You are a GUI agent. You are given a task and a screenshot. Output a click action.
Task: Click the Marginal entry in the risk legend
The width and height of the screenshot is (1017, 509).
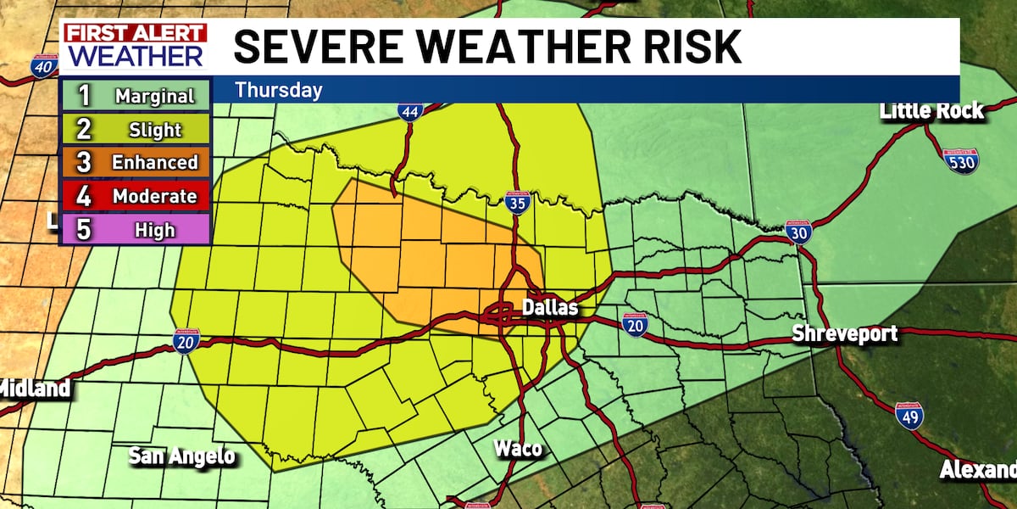pyautogui.click(x=136, y=96)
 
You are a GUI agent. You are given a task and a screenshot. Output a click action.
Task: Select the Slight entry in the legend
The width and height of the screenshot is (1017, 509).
pyautogui.click(x=136, y=130)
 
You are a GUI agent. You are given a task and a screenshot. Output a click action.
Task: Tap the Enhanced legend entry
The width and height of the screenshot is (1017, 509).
pyautogui.click(x=136, y=163)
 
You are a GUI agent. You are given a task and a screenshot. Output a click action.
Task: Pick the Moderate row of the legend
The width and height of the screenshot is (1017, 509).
pyautogui.click(x=136, y=197)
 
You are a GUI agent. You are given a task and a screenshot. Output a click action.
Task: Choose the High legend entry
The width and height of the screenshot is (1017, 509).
pyautogui.click(x=136, y=230)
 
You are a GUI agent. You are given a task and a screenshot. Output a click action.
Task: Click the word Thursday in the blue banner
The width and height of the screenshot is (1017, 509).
pyautogui.click(x=279, y=89)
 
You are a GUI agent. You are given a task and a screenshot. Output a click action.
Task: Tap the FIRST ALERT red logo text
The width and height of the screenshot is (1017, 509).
pyautogui.click(x=136, y=35)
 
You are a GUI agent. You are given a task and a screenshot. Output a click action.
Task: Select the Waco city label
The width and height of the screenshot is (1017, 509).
pyautogui.click(x=519, y=449)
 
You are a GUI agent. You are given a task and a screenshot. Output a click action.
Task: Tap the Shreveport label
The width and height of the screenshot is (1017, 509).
pyautogui.click(x=844, y=333)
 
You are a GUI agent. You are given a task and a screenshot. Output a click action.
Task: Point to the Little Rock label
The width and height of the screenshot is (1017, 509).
pyautogui.click(x=931, y=110)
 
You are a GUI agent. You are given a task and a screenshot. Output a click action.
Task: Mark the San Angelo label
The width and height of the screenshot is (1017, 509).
pyautogui.click(x=181, y=456)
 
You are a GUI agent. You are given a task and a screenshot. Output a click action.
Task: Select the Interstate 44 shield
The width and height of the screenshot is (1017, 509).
pyautogui.click(x=410, y=111)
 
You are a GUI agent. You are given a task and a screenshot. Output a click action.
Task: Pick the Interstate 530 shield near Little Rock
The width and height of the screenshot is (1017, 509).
pyautogui.click(x=960, y=160)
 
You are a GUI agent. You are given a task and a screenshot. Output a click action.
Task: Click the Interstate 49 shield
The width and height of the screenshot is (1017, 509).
pyautogui.click(x=909, y=416)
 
